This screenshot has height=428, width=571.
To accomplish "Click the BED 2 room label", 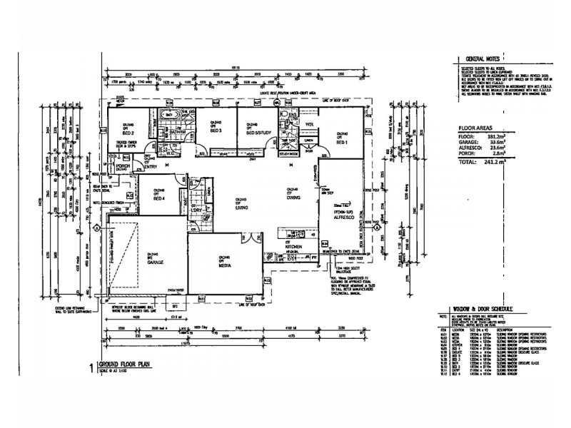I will [129, 133].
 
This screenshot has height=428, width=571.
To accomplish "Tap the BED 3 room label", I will [216, 132].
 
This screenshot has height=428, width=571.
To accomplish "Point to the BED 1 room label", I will [343, 143].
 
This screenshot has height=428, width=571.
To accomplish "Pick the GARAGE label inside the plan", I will [153, 263].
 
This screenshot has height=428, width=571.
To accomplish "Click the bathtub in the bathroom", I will [170, 115].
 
